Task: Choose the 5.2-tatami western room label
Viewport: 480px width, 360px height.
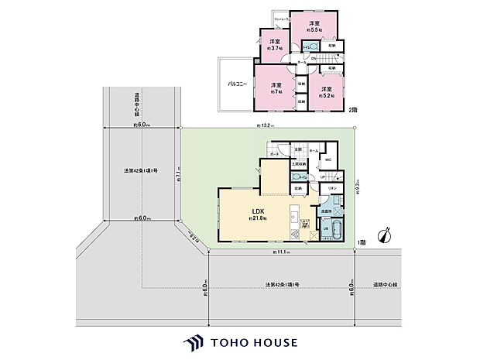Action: point(326,92)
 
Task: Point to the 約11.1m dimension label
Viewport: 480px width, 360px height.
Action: point(282,253)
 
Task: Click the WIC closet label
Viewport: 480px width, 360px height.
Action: point(328,159)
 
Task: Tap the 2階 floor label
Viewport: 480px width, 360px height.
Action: point(353,110)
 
